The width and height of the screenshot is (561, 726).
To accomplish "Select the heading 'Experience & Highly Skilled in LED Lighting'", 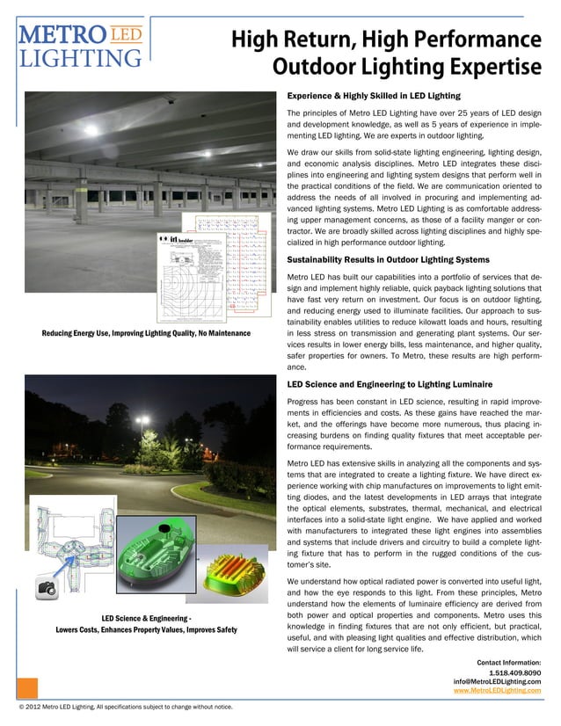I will pyautogui.click(x=374, y=96).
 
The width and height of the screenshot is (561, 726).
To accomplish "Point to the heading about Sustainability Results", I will pyautogui.click(x=388, y=260).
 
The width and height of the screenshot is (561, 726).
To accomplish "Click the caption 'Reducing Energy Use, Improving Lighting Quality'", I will pyautogui.click(x=145, y=334).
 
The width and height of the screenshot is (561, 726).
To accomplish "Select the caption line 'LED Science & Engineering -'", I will pyautogui.click(x=146, y=618).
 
